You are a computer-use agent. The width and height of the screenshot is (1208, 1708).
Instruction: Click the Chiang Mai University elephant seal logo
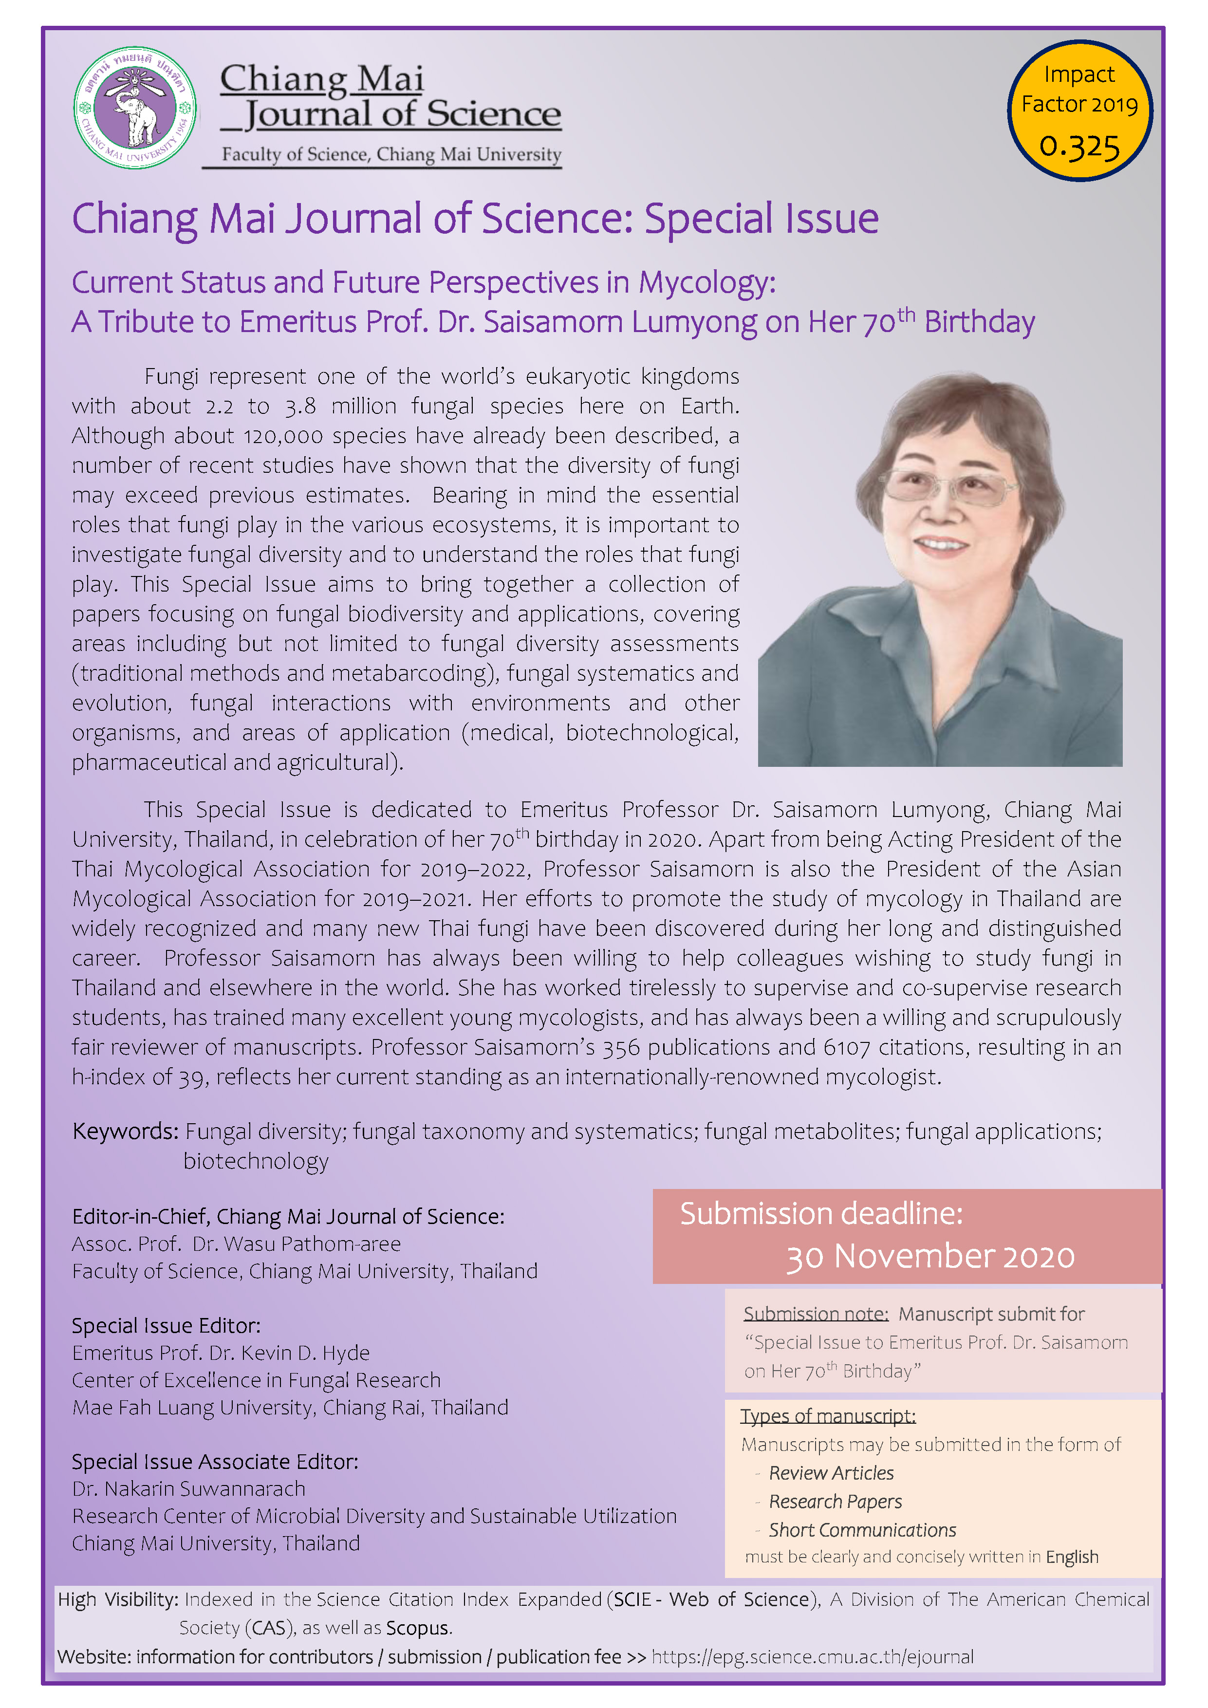click(135, 108)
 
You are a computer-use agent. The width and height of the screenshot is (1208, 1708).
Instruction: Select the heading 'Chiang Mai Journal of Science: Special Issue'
click(475, 219)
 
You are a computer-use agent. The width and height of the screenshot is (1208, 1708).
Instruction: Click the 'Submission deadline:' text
click(821, 1214)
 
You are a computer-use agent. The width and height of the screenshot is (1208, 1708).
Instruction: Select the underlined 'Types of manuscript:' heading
click(828, 1416)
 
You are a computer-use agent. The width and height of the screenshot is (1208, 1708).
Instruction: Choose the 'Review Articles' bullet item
click(831, 1473)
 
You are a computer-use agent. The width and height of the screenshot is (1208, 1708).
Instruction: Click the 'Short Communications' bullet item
click(862, 1529)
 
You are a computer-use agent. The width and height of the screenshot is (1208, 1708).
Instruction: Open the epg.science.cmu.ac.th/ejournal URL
click(812, 1657)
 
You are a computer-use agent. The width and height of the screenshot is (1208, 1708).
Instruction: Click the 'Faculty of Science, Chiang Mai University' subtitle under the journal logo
click(391, 155)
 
